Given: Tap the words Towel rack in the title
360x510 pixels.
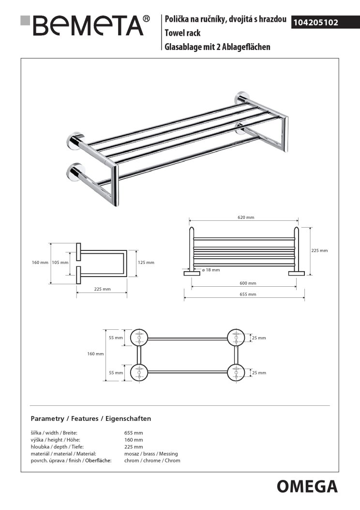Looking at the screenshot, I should click(182, 33).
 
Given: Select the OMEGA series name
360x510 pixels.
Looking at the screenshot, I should click(307, 486).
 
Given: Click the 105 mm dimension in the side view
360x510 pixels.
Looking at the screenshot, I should click(59, 263).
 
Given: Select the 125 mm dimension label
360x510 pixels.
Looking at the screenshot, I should click(146, 263).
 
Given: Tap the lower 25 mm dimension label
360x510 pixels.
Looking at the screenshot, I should click(259, 372).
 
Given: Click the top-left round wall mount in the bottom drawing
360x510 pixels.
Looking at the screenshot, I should click(139, 336).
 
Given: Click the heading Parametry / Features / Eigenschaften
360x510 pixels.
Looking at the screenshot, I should click(91, 418).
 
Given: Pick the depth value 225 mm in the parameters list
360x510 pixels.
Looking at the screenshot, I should click(134, 447).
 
